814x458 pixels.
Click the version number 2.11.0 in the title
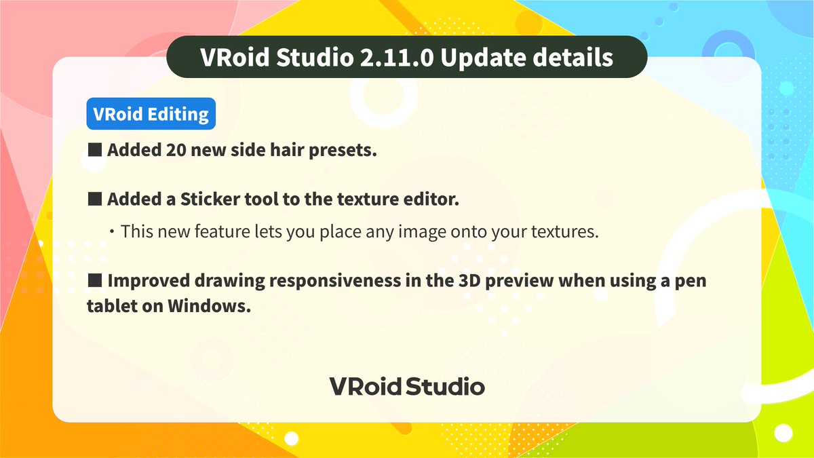393,58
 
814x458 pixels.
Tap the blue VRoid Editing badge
151,115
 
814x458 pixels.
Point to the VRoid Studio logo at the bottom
407,387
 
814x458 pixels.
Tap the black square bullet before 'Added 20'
94,150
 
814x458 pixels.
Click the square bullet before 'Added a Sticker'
94,199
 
